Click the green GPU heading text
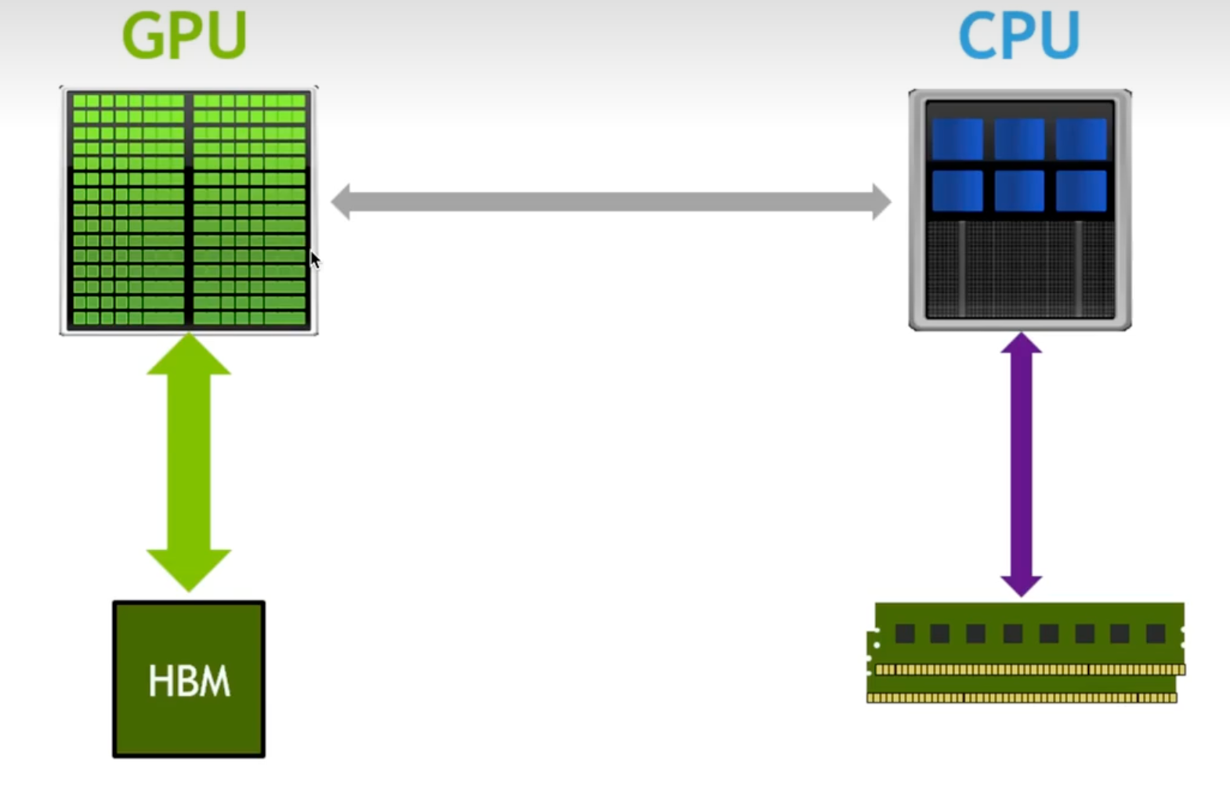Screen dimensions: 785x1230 185,35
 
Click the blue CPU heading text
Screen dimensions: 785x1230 1018,35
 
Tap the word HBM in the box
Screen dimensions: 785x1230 189,681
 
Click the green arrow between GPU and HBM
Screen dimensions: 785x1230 189,462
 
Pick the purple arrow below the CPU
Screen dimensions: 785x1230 1021,470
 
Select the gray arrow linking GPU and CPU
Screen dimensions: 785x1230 611,202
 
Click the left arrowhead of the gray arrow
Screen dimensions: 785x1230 342,202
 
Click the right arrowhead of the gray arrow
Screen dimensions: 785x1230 881,202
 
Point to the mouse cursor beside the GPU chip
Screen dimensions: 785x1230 314,259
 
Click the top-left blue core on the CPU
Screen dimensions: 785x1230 957,139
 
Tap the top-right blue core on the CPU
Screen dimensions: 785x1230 1081,139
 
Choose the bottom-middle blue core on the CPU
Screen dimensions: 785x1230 1019,191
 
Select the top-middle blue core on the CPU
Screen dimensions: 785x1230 1019,139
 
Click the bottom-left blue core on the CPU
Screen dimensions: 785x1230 957,191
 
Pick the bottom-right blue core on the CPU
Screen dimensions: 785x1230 1081,191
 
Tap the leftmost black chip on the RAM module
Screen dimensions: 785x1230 905,633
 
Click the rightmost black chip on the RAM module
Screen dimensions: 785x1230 1156,633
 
